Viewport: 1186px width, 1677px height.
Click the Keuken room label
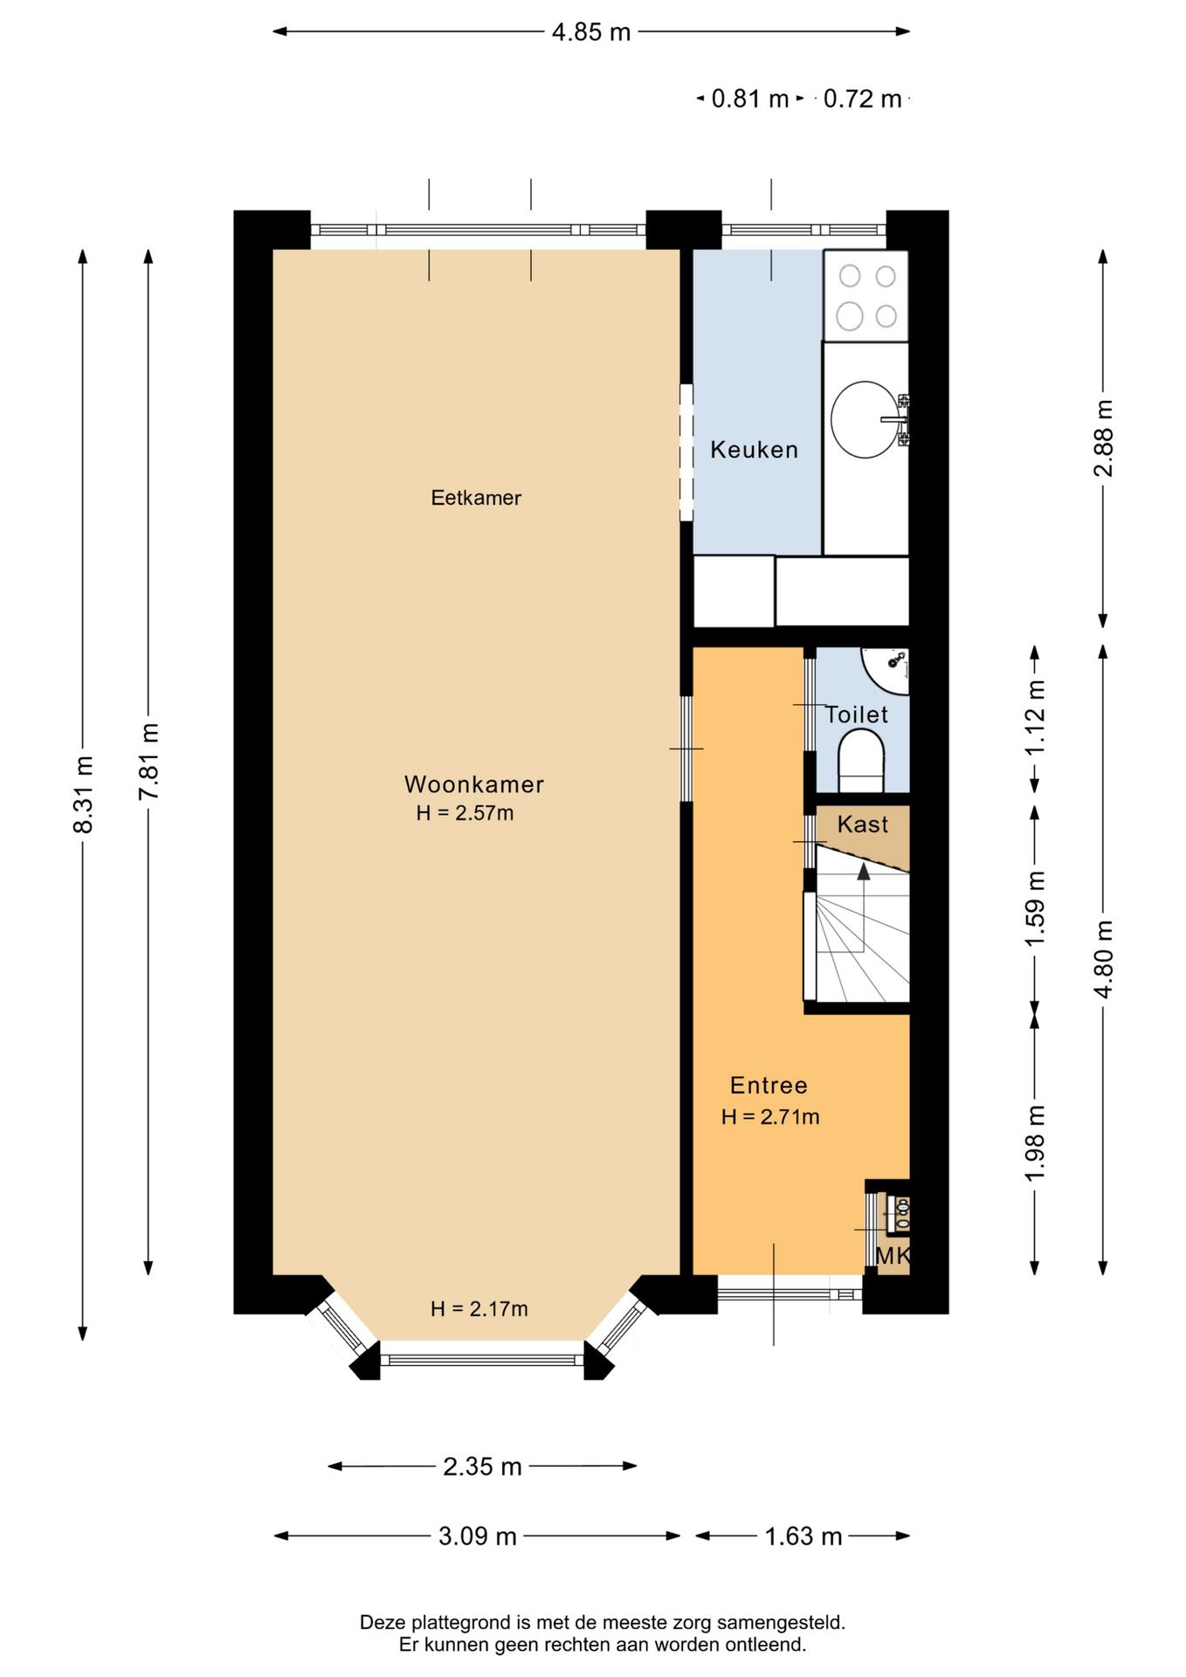[754, 450]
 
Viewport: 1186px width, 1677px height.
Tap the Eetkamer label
[476, 498]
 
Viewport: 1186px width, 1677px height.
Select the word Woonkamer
[474, 784]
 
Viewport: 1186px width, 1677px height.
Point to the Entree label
[769, 1085]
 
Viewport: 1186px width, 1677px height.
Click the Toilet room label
[857, 714]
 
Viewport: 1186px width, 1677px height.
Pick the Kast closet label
[863, 825]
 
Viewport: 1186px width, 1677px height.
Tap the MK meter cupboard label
[893, 1256]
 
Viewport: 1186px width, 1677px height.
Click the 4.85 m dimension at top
[591, 32]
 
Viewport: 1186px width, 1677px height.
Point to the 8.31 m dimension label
[83, 794]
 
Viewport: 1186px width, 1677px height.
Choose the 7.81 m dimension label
[148, 761]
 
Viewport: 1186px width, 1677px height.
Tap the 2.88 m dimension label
[1103, 438]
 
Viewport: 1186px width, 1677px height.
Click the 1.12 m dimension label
[1035, 718]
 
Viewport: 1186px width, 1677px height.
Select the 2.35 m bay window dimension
[482, 1467]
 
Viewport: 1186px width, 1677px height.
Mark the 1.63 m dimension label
[803, 1536]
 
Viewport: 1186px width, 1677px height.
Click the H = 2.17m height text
[479, 1308]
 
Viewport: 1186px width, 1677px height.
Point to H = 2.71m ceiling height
[770, 1116]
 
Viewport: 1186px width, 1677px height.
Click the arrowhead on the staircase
[864, 871]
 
